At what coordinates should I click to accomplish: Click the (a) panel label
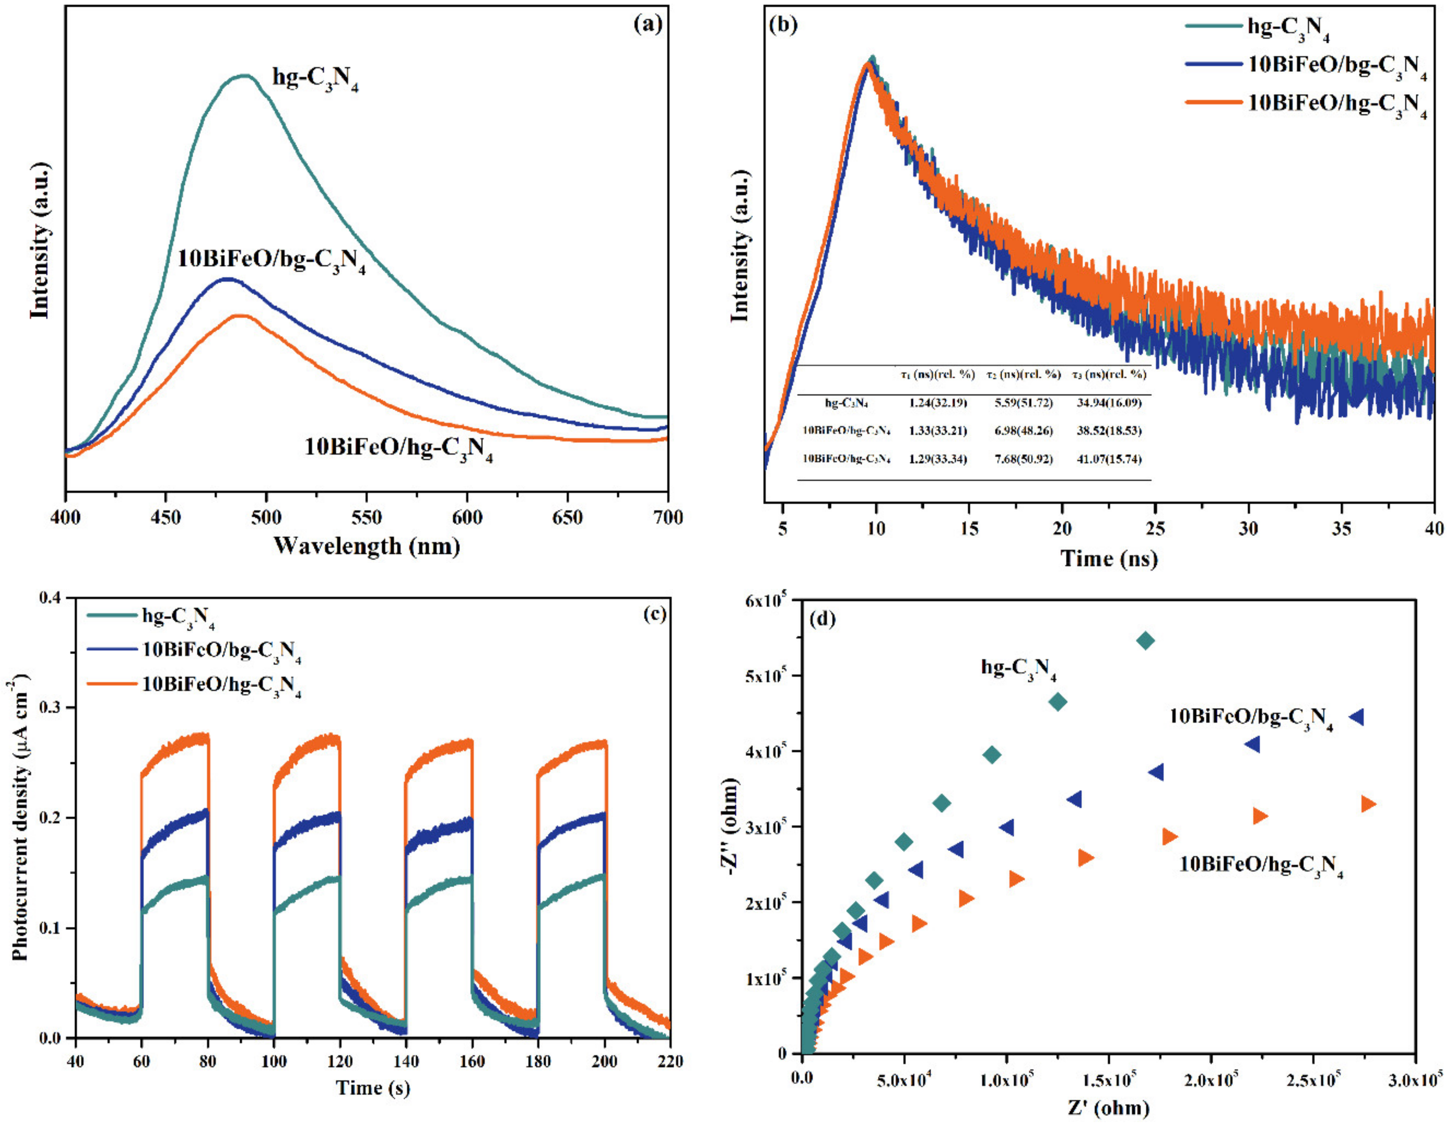[x=647, y=24]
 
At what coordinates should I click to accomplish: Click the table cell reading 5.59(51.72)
[x=1023, y=402]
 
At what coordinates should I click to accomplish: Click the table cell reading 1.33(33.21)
[x=938, y=431]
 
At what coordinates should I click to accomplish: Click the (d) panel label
[x=823, y=620]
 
